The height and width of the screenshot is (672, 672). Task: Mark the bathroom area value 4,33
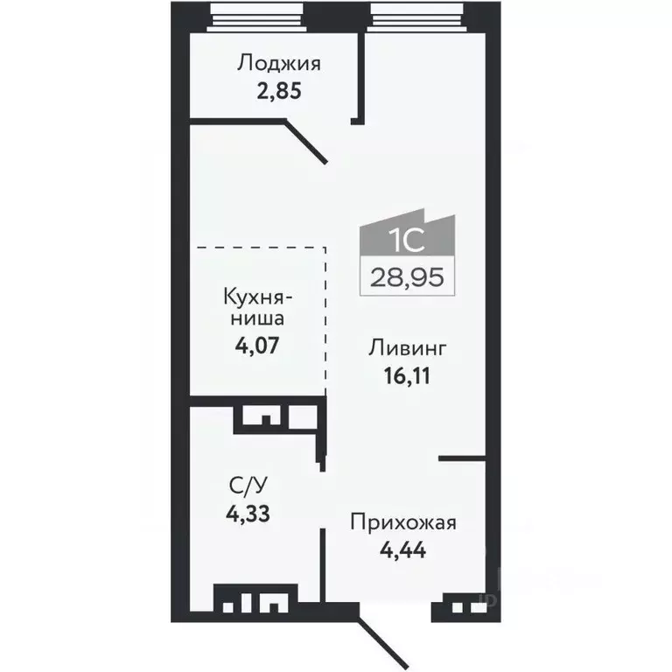tap(247, 513)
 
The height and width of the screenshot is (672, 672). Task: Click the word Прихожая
tap(403, 524)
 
